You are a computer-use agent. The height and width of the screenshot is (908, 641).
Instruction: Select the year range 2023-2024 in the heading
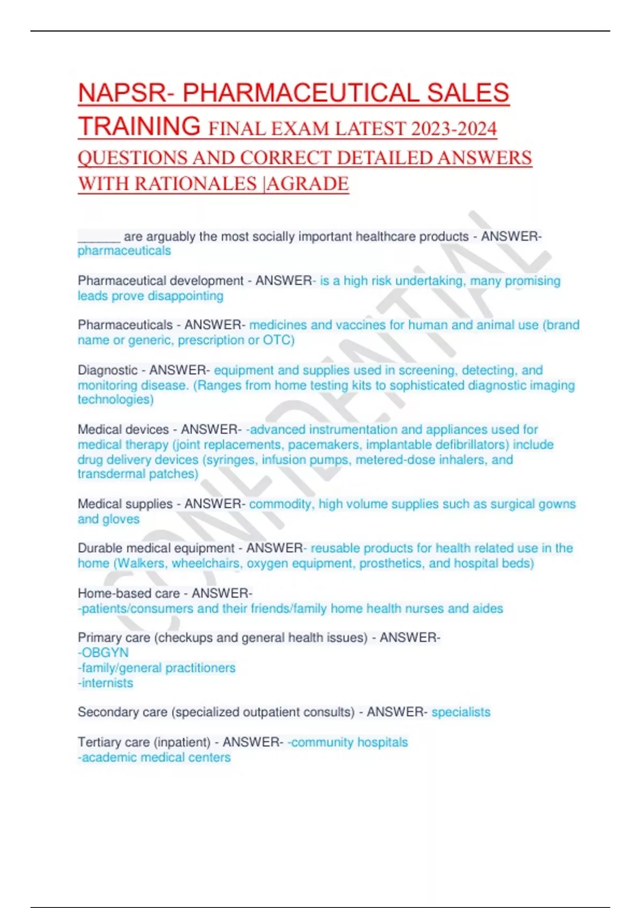coord(454,129)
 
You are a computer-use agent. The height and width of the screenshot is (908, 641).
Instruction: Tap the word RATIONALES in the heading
coord(196,184)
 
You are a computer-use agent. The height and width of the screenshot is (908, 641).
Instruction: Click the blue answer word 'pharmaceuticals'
coord(124,251)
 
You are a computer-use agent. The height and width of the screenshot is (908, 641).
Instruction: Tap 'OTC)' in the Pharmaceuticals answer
coord(278,340)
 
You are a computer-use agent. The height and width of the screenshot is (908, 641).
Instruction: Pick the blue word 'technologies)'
coord(115,400)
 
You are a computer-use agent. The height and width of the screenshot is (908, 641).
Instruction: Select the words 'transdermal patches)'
coord(138,474)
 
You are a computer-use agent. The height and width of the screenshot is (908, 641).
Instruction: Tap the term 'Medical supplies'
coord(125,504)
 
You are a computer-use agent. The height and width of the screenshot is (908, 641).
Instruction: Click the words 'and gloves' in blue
coord(108,519)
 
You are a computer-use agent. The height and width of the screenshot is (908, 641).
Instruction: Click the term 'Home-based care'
coord(128,593)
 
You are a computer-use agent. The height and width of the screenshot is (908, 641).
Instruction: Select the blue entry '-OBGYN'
coord(103,653)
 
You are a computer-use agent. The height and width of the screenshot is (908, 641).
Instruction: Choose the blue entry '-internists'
coord(105,683)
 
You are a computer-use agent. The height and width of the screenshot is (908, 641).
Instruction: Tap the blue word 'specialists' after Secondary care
coord(460,712)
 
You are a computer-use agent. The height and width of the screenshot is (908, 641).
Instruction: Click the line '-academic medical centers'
coord(154,757)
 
